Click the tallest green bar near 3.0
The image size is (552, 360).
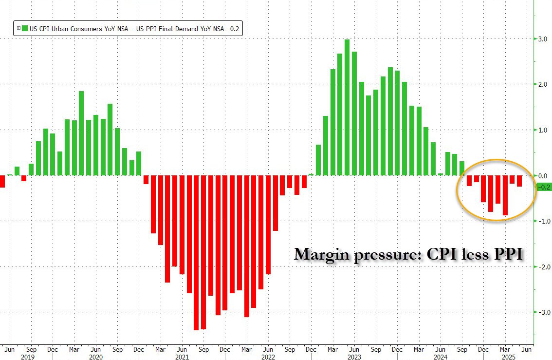coord(347,107)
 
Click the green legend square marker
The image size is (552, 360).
coord(18,29)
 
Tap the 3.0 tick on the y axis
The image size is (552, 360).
coord(541,38)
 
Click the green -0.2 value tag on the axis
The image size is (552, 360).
coord(543,187)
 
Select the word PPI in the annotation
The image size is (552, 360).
coord(508,254)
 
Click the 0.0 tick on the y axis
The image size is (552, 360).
coord(541,175)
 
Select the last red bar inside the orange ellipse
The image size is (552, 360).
coord(519,181)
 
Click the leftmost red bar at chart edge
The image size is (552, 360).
coord(2,181)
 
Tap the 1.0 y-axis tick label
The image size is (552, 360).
coord(541,130)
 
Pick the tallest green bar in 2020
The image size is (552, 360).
coord(81,133)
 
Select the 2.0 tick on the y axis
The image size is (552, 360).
coord(541,84)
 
